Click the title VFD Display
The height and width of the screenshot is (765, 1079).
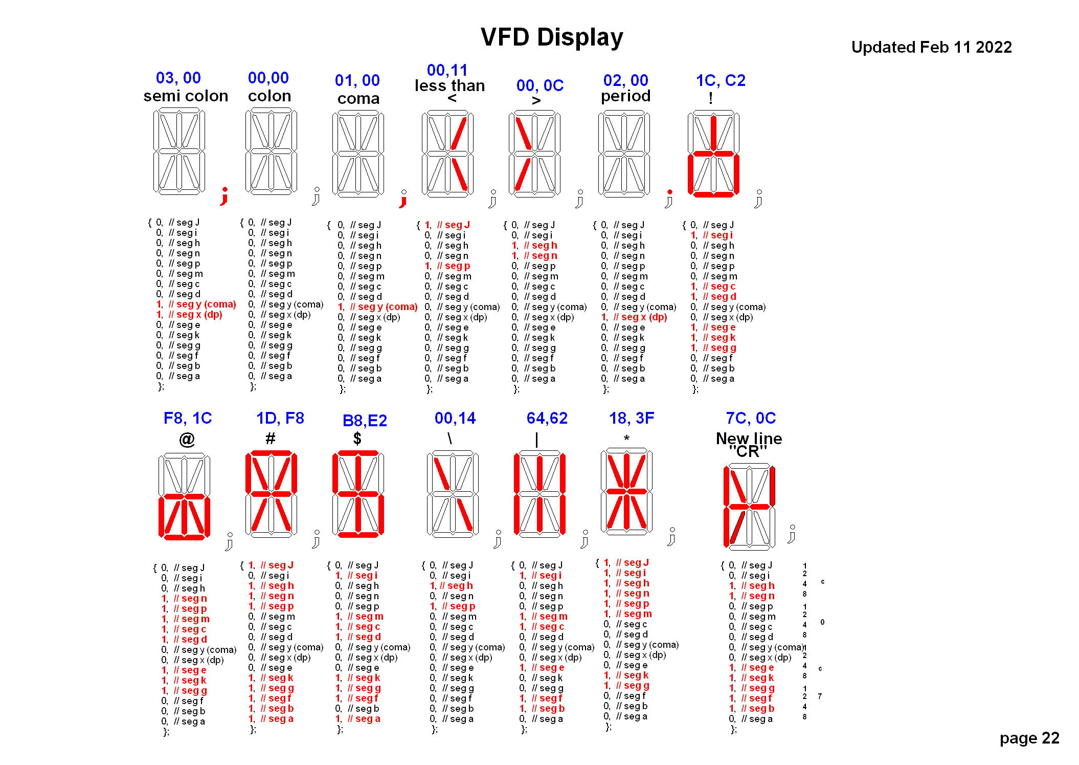(552, 37)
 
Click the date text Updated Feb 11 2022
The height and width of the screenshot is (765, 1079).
(931, 47)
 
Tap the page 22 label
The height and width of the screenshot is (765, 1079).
(1029, 738)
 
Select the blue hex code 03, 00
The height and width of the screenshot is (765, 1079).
(178, 78)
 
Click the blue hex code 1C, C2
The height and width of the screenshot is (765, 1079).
(721, 80)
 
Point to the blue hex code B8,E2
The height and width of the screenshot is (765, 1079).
(365, 421)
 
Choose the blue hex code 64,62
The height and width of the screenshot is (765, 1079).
(547, 418)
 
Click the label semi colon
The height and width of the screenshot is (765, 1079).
(186, 96)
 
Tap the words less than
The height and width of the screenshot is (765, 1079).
(449, 85)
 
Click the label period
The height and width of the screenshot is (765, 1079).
(625, 96)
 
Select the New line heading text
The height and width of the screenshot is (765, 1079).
(749, 439)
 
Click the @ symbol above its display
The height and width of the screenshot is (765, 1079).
(187, 439)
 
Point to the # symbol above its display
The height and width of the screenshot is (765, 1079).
(270, 438)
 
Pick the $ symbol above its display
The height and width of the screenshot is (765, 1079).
(357, 438)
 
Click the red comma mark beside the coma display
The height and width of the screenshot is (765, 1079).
(403, 200)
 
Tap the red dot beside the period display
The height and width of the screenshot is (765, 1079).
(669, 192)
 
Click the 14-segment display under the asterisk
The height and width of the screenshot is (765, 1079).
(626, 490)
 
